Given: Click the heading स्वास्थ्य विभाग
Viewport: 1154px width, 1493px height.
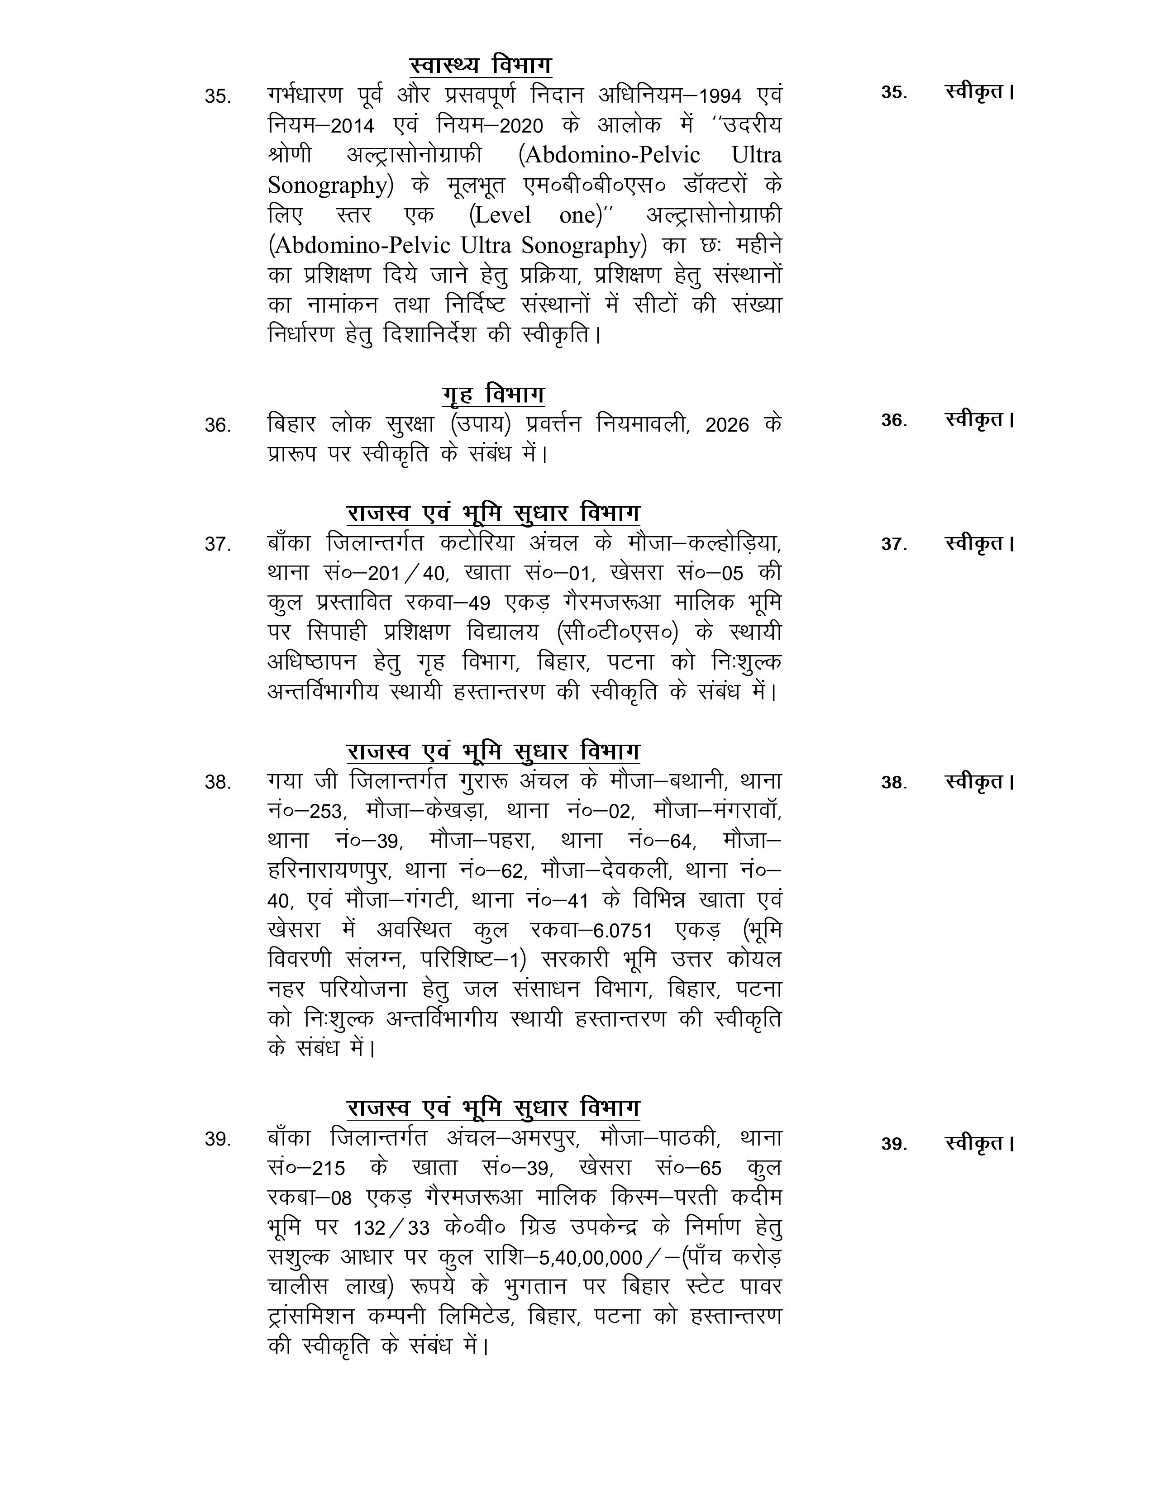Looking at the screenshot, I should click(481, 65).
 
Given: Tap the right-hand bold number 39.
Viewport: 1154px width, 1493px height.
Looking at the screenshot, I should click(893, 1144).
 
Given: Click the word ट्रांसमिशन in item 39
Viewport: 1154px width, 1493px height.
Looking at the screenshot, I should click(311, 1317).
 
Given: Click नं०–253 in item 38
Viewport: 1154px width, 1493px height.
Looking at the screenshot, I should click(307, 812).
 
